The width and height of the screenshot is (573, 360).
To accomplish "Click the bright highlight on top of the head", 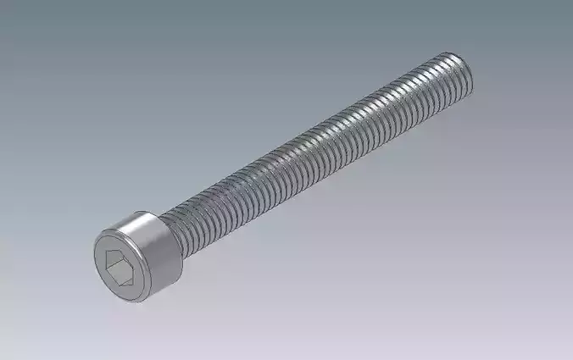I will tap(136, 221).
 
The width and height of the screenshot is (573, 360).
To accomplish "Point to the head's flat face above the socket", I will tap(119, 241).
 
